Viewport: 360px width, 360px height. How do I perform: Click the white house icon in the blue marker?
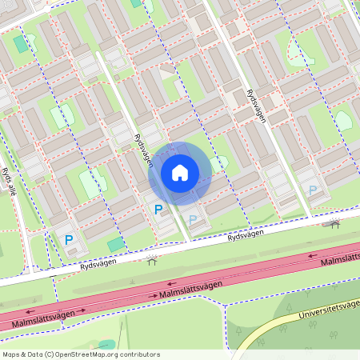pyautogui.click(x=180, y=173)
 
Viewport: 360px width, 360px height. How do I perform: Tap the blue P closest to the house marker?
pyautogui.click(x=158, y=210)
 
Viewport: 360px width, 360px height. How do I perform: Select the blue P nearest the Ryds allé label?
pyautogui.click(x=69, y=238)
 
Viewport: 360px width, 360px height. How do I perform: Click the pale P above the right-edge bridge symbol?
pyautogui.click(x=313, y=190)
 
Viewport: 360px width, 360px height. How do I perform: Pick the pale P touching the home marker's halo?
pyautogui.click(x=192, y=219)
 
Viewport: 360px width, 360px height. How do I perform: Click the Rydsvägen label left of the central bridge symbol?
pyautogui.click(x=98, y=263)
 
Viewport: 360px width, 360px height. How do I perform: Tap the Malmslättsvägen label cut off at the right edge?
pyautogui.click(x=339, y=259)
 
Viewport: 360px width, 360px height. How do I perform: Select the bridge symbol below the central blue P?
pyautogui.click(x=152, y=258)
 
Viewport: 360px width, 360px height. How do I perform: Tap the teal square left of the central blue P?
pyautogui.click(x=117, y=242)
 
